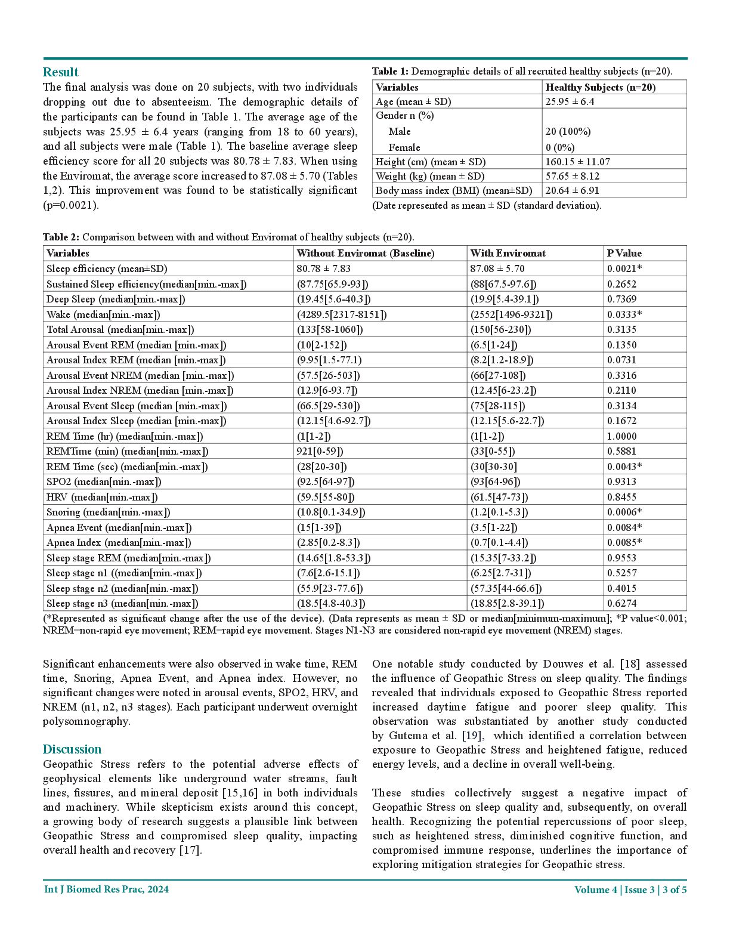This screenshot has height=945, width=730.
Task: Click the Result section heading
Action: (60, 72)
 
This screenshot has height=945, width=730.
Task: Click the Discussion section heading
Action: (72, 749)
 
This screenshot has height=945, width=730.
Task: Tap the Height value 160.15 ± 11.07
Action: (577, 162)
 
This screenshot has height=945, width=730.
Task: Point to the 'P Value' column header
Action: (624, 253)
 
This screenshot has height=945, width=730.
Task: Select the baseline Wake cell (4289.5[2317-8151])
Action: (342, 314)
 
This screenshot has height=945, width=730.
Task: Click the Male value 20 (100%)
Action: (568, 131)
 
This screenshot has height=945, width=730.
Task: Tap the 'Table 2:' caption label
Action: (61, 237)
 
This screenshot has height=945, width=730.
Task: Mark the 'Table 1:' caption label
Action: (390, 71)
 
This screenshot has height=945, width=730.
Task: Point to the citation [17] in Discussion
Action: (190, 850)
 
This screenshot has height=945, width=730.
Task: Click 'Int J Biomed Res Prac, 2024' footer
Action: (106, 890)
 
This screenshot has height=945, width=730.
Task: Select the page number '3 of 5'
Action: (672, 890)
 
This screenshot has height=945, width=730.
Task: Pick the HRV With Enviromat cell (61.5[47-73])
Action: (499, 497)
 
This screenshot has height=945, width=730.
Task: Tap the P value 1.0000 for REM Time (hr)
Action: (622, 436)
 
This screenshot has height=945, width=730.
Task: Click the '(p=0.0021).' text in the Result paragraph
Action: (71, 205)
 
